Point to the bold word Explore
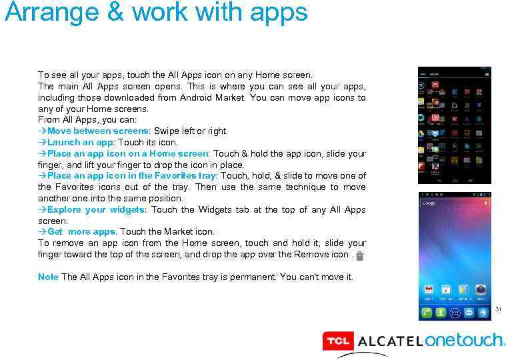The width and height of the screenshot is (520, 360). click(x=64, y=209)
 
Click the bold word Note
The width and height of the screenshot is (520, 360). click(x=48, y=277)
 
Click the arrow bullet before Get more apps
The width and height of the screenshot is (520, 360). click(x=42, y=232)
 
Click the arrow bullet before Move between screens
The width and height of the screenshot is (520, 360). click(x=42, y=131)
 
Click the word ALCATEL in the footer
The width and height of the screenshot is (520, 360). click(x=390, y=341)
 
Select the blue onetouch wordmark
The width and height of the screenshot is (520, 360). click(x=465, y=340)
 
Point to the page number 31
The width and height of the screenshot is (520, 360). click(x=497, y=309)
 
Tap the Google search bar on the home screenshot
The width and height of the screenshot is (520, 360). click(x=453, y=202)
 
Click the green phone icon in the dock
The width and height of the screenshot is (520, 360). click(x=425, y=312)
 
